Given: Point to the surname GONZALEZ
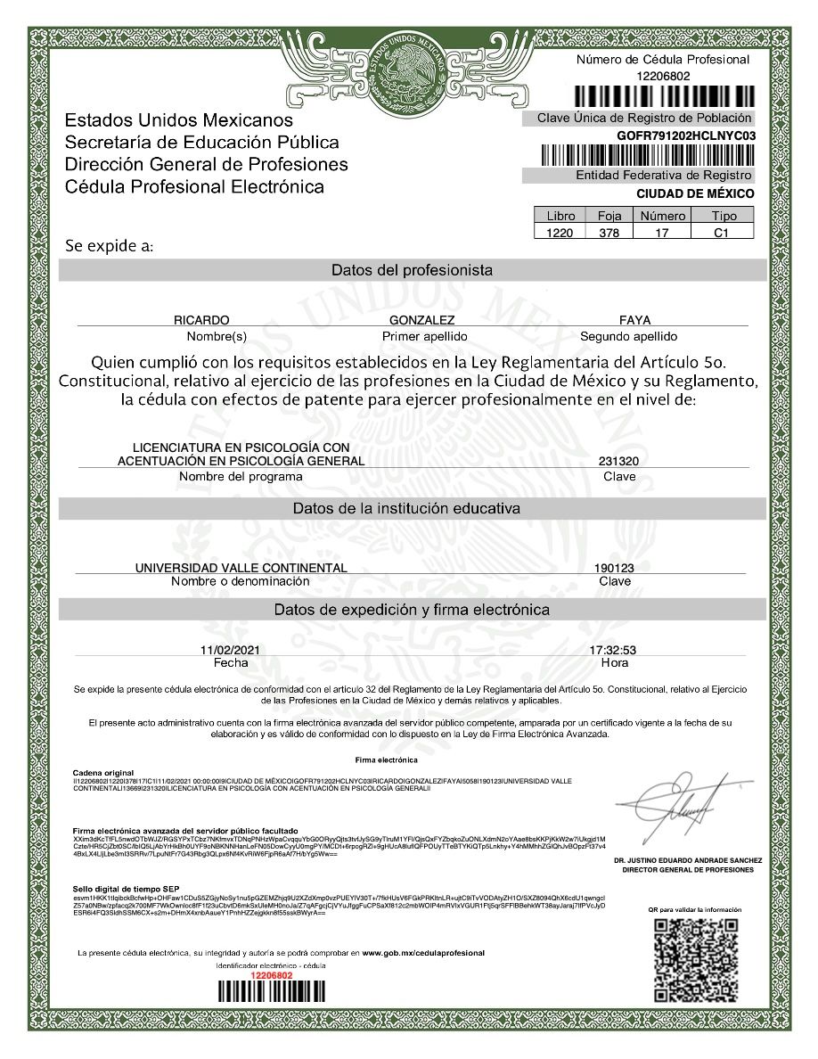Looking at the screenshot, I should coord(422,320).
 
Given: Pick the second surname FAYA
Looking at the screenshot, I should coord(634,320).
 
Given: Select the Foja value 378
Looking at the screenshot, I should coord(609,232).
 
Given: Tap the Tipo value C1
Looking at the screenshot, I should coord(722,232).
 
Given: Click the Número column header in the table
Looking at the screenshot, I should coord(662,216).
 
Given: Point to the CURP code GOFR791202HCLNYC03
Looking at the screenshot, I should coord(685,135).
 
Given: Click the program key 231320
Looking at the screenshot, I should coord(618,461).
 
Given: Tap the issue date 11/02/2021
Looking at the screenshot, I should coord(231,650).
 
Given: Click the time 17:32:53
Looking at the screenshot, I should coord(614,650).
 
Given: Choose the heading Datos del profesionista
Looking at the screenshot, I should coord(412,270).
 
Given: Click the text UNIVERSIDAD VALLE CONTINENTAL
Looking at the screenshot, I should coord(241,568).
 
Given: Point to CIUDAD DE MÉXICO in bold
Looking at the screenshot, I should coord(695,193).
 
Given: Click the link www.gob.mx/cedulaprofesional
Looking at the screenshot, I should coord(423,953).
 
